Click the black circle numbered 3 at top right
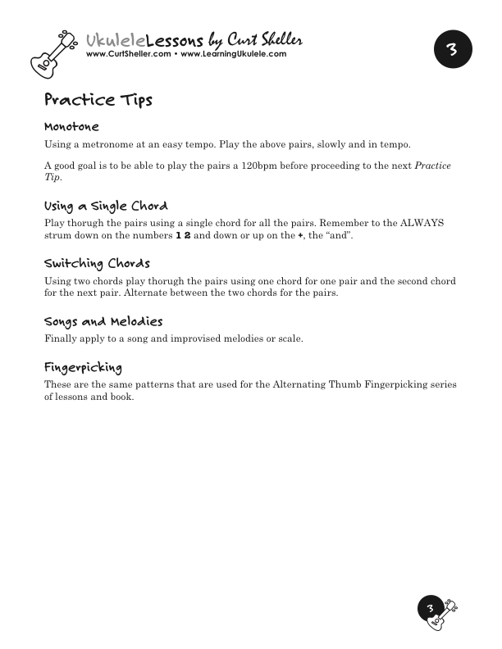coord(452,51)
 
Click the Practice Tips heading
coord(98,100)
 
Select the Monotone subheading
coord(71,127)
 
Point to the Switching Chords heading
coord(97,264)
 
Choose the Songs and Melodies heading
coord(103,321)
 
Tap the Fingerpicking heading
coord(83,367)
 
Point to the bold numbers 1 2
coord(182,236)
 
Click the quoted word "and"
coord(337,236)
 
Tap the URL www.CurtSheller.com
coord(127,54)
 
